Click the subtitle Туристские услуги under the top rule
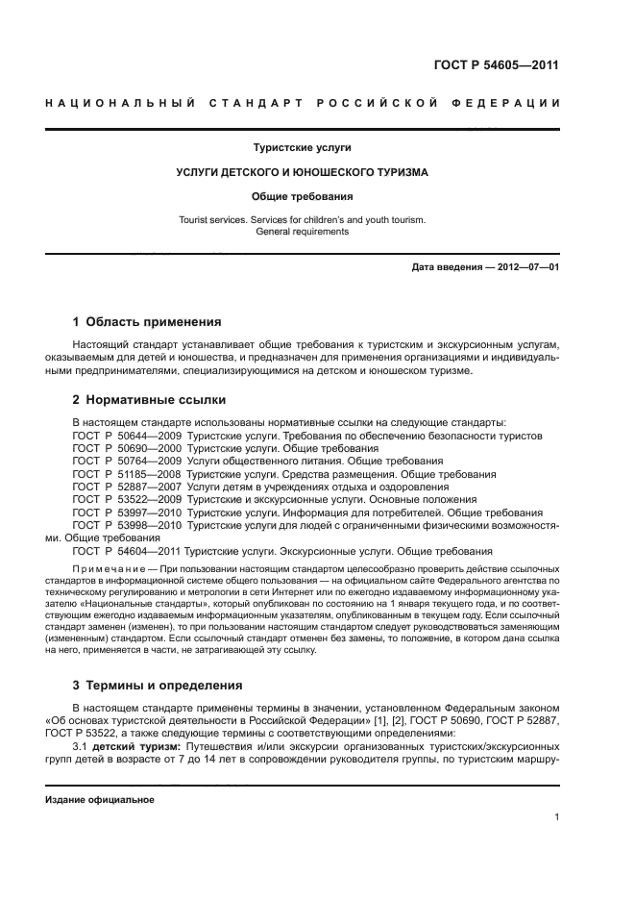click(x=302, y=148)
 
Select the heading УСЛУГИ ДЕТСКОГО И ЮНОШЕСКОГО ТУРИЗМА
click(x=302, y=172)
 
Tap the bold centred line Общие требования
click(x=302, y=196)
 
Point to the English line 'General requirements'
click(x=302, y=232)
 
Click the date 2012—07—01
click(x=519, y=266)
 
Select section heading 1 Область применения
click(x=147, y=322)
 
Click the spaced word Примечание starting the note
click(x=102, y=570)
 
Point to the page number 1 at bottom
click(x=557, y=817)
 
